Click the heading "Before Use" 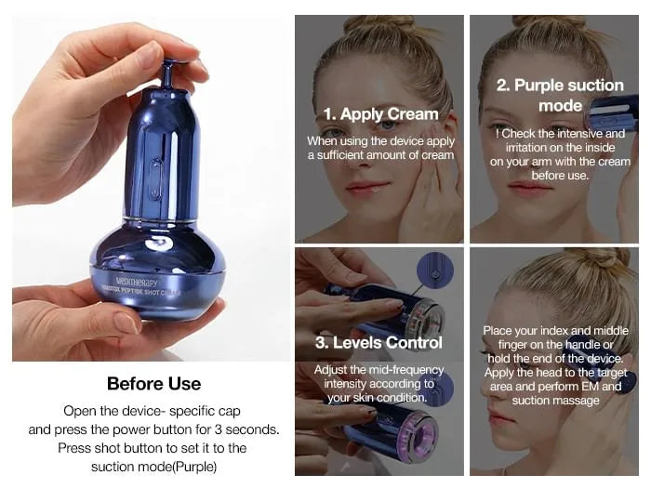tap(153, 384)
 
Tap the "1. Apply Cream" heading tap(380, 114)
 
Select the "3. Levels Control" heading tap(379, 343)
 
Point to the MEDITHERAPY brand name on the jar tap(137, 282)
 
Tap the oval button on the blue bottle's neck tap(155, 178)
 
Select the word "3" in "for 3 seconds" tap(218, 429)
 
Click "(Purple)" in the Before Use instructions tap(193, 467)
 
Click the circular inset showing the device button tap(434, 270)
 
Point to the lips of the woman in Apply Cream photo tap(367, 186)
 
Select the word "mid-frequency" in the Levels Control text tap(406, 370)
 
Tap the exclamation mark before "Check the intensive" tap(498, 134)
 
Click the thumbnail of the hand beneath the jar tap(126, 323)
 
